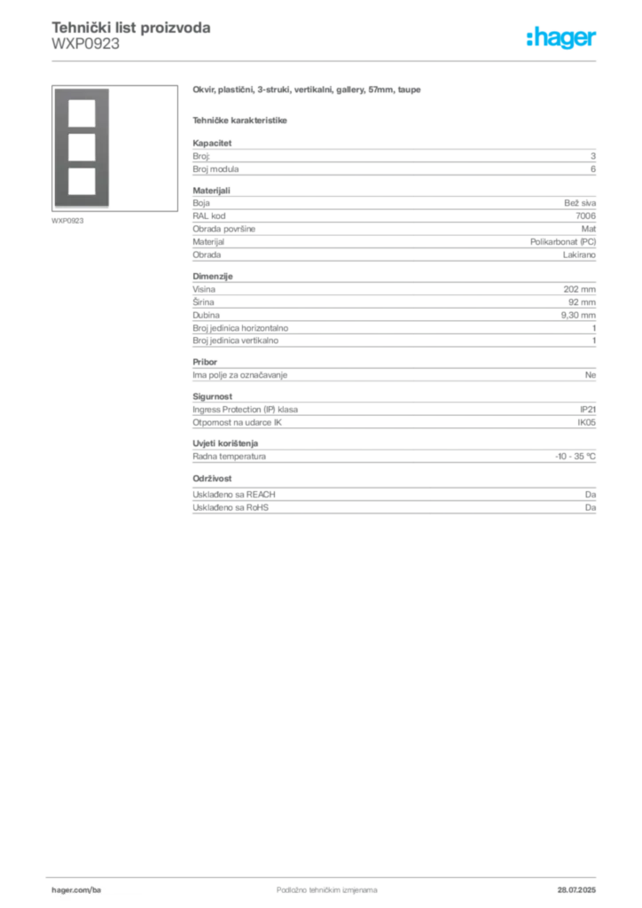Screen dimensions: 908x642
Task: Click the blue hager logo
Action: tap(563, 39)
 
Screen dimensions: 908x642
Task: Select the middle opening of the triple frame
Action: tap(81, 146)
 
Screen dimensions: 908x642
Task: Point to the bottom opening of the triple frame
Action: tap(81, 180)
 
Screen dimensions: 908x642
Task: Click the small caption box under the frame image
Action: tap(67, 220)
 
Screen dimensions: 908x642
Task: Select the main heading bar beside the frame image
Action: tap(309, 90)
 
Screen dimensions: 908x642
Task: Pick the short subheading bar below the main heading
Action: tap(241, 121)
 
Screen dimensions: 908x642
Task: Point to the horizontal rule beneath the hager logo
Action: tap(355, 60)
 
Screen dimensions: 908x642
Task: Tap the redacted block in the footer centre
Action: tap(315, 884)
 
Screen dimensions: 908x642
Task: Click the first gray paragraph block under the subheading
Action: tap(393, 158)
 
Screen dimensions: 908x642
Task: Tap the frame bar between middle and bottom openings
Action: tap(81, 163)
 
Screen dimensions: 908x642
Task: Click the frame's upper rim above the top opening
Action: tap(81, 93)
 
